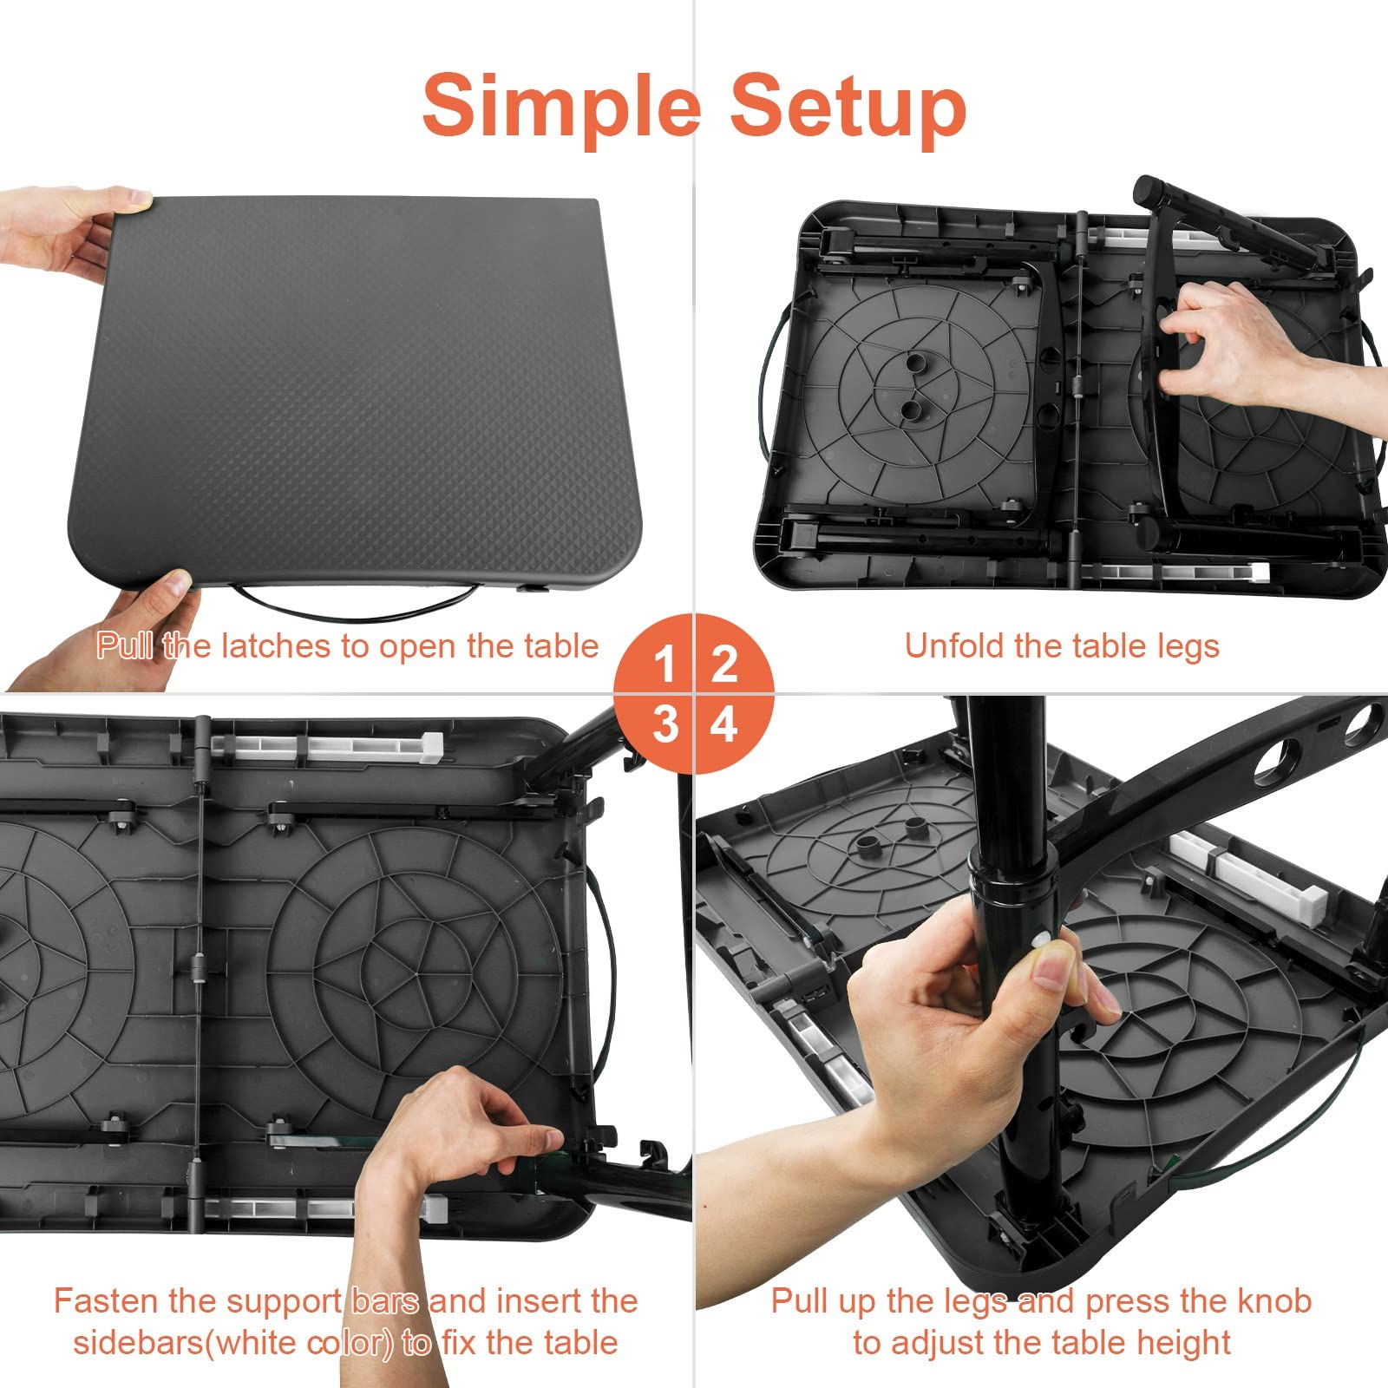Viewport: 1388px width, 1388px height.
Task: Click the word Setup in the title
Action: point(848,106)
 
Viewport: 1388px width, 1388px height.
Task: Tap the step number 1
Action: point(665,665)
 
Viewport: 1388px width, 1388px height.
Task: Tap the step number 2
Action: point(724,665)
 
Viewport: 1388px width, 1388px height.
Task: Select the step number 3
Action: point(665,723)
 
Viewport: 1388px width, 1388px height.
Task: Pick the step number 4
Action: point(724,723)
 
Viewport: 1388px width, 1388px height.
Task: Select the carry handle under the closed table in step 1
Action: point(356,606)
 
